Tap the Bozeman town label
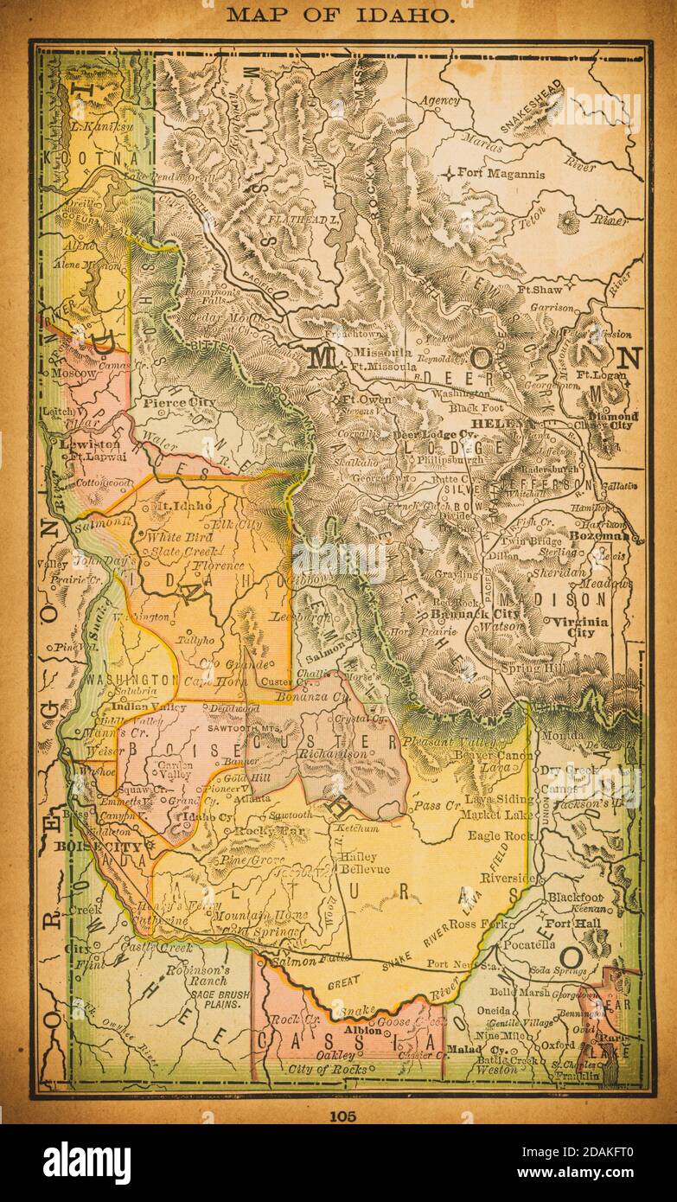(x=615, y=538)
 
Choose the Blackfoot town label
(x=573, y=898)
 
